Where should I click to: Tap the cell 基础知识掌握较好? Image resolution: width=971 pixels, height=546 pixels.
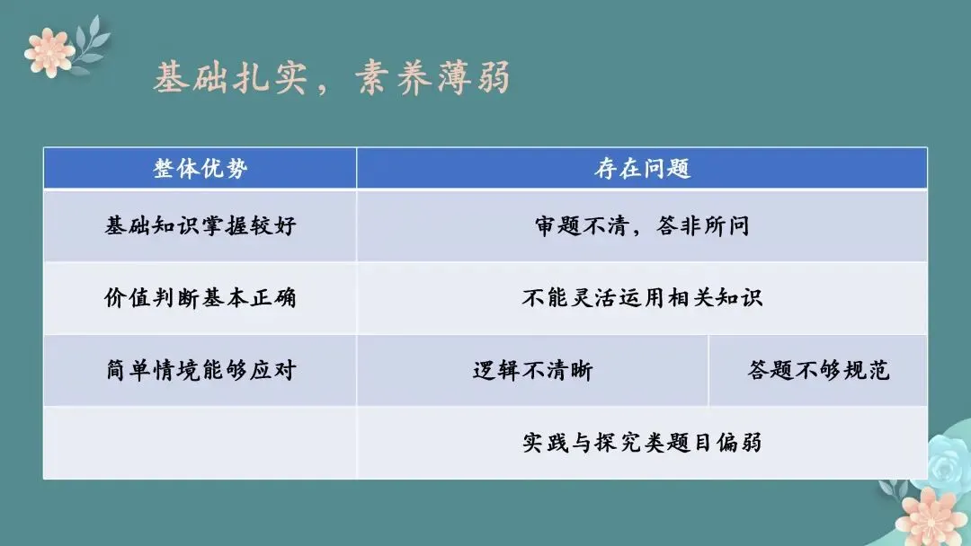200,225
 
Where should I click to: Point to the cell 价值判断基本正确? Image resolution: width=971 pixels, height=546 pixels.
200,298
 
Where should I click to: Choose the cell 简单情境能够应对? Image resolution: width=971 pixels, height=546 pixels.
200,370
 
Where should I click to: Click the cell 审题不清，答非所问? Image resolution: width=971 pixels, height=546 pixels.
642,225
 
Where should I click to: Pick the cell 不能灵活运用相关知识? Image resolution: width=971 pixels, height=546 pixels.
642,298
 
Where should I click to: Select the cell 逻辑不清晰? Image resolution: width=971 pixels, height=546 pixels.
532,370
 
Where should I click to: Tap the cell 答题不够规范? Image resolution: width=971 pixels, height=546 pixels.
818,370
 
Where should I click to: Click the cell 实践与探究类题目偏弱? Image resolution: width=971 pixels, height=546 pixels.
642,443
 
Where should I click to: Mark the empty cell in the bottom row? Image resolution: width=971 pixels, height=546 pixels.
200,443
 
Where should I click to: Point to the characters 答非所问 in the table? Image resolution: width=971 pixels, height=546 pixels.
707,225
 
